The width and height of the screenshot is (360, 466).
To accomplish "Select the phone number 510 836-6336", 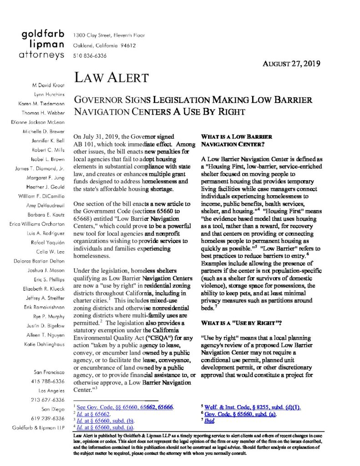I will tap(90, 56).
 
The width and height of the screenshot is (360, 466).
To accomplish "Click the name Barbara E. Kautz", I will tap(46, 214).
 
